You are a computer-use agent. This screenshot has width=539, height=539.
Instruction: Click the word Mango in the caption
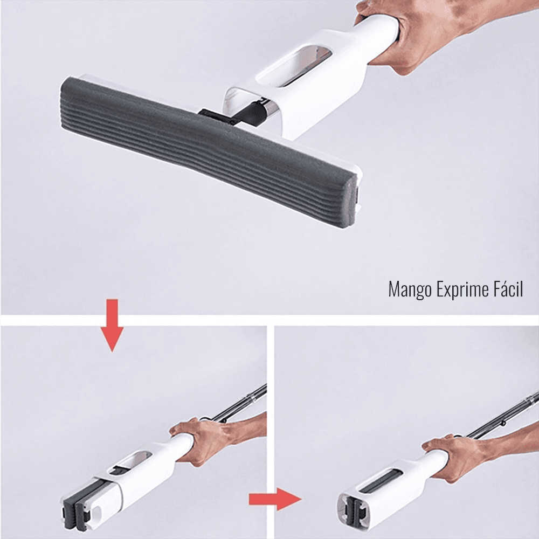[410, 289]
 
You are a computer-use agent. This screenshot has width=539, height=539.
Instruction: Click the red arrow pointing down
[112, 325]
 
